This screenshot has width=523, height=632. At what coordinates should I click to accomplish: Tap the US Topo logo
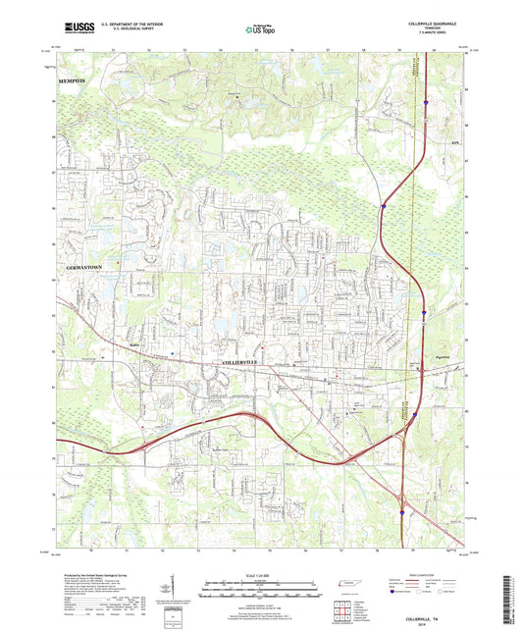(260, 31)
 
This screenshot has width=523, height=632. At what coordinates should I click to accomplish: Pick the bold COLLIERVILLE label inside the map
(238, 363)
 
